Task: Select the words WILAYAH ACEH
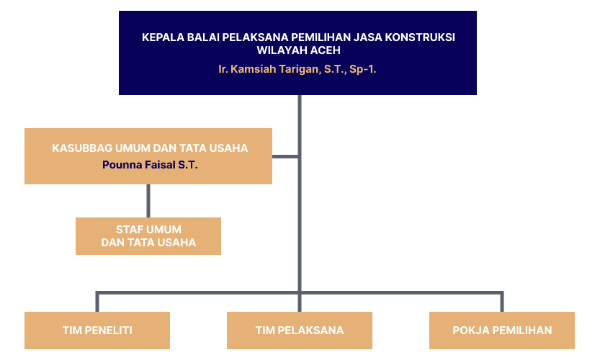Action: [x=298, y=50]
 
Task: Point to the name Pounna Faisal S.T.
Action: [x=150, y=165]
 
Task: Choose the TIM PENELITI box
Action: [x=97, y=330]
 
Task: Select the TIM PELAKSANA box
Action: [x=300, y=330]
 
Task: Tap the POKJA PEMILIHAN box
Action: [x=502, y=330]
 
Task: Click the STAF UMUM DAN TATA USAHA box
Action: [x=148, y=236]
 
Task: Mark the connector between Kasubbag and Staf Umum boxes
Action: [x=148, y=201]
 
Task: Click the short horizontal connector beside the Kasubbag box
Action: [x=285, y=156]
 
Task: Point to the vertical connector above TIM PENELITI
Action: [x=97, y=302]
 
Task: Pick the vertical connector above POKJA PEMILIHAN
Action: [x=502, y=302]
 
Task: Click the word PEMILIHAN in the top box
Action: [x=321, y=37]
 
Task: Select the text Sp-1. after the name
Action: [x=363, y=69]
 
